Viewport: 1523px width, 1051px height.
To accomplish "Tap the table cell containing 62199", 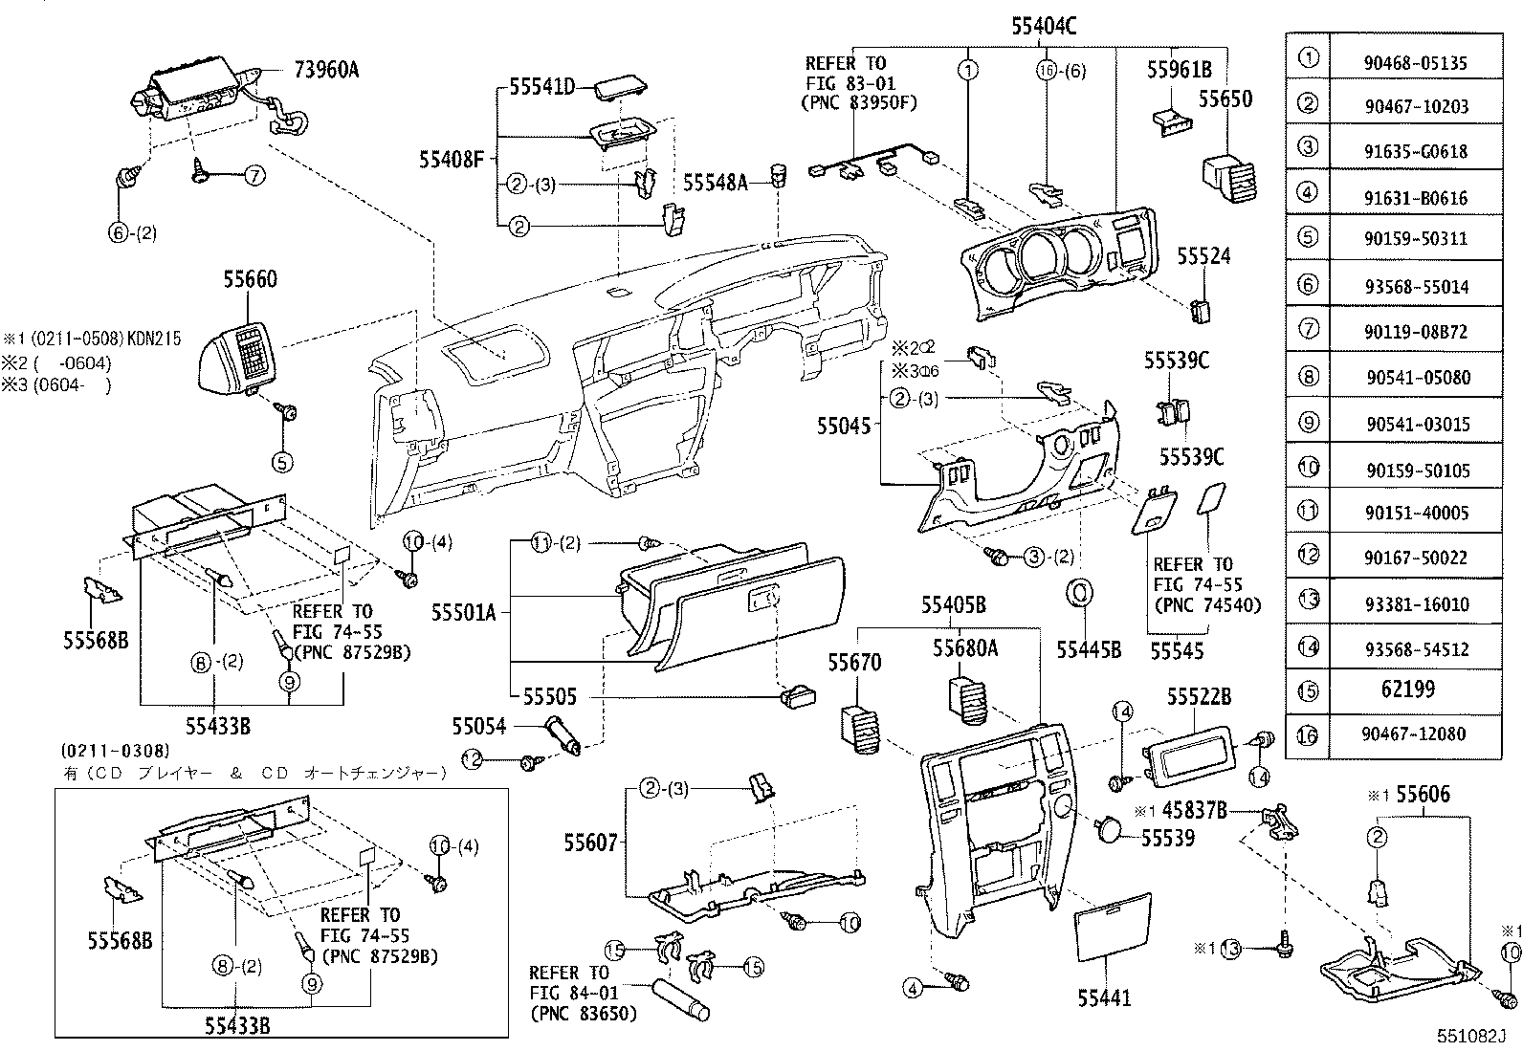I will click(1407, 690).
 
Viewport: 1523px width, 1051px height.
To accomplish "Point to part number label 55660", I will click(251, 279).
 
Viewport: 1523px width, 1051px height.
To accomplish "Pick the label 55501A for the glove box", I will click(463, 612).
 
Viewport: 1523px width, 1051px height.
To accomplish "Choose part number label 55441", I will click(1104, 998).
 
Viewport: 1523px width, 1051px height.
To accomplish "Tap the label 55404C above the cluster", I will click(1044, 27).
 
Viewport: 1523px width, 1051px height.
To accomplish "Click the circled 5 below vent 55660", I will click(282, 462).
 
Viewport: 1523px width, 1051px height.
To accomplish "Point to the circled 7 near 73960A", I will click(254, 175).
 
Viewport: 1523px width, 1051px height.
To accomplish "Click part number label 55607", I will click(591, 843).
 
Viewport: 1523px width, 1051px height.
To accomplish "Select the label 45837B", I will click(1194, 811).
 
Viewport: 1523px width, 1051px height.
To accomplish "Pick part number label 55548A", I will click(715, 182).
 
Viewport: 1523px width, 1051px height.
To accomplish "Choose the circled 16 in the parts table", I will click(1308, 734).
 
